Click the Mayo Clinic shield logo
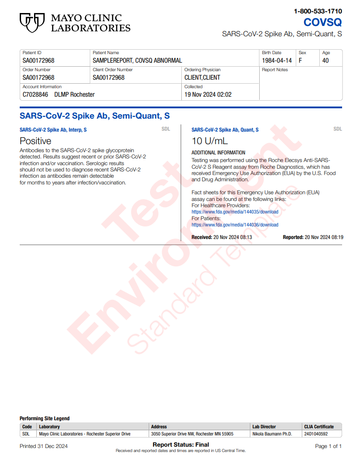32,22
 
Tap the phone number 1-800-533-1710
318,11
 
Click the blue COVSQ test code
322,22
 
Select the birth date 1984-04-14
277,60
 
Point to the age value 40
326,60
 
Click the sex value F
300,60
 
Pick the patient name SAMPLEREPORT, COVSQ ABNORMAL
137,60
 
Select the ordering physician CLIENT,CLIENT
202,77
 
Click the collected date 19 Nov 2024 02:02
208,94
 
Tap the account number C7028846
35,94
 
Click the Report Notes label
275,70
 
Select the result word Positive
35,141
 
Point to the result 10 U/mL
210,141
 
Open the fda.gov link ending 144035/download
235,212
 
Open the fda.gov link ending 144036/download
235,225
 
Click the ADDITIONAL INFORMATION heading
218,153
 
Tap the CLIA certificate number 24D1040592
316,434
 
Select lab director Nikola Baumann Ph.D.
272,434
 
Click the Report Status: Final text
180,444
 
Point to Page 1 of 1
328,446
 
